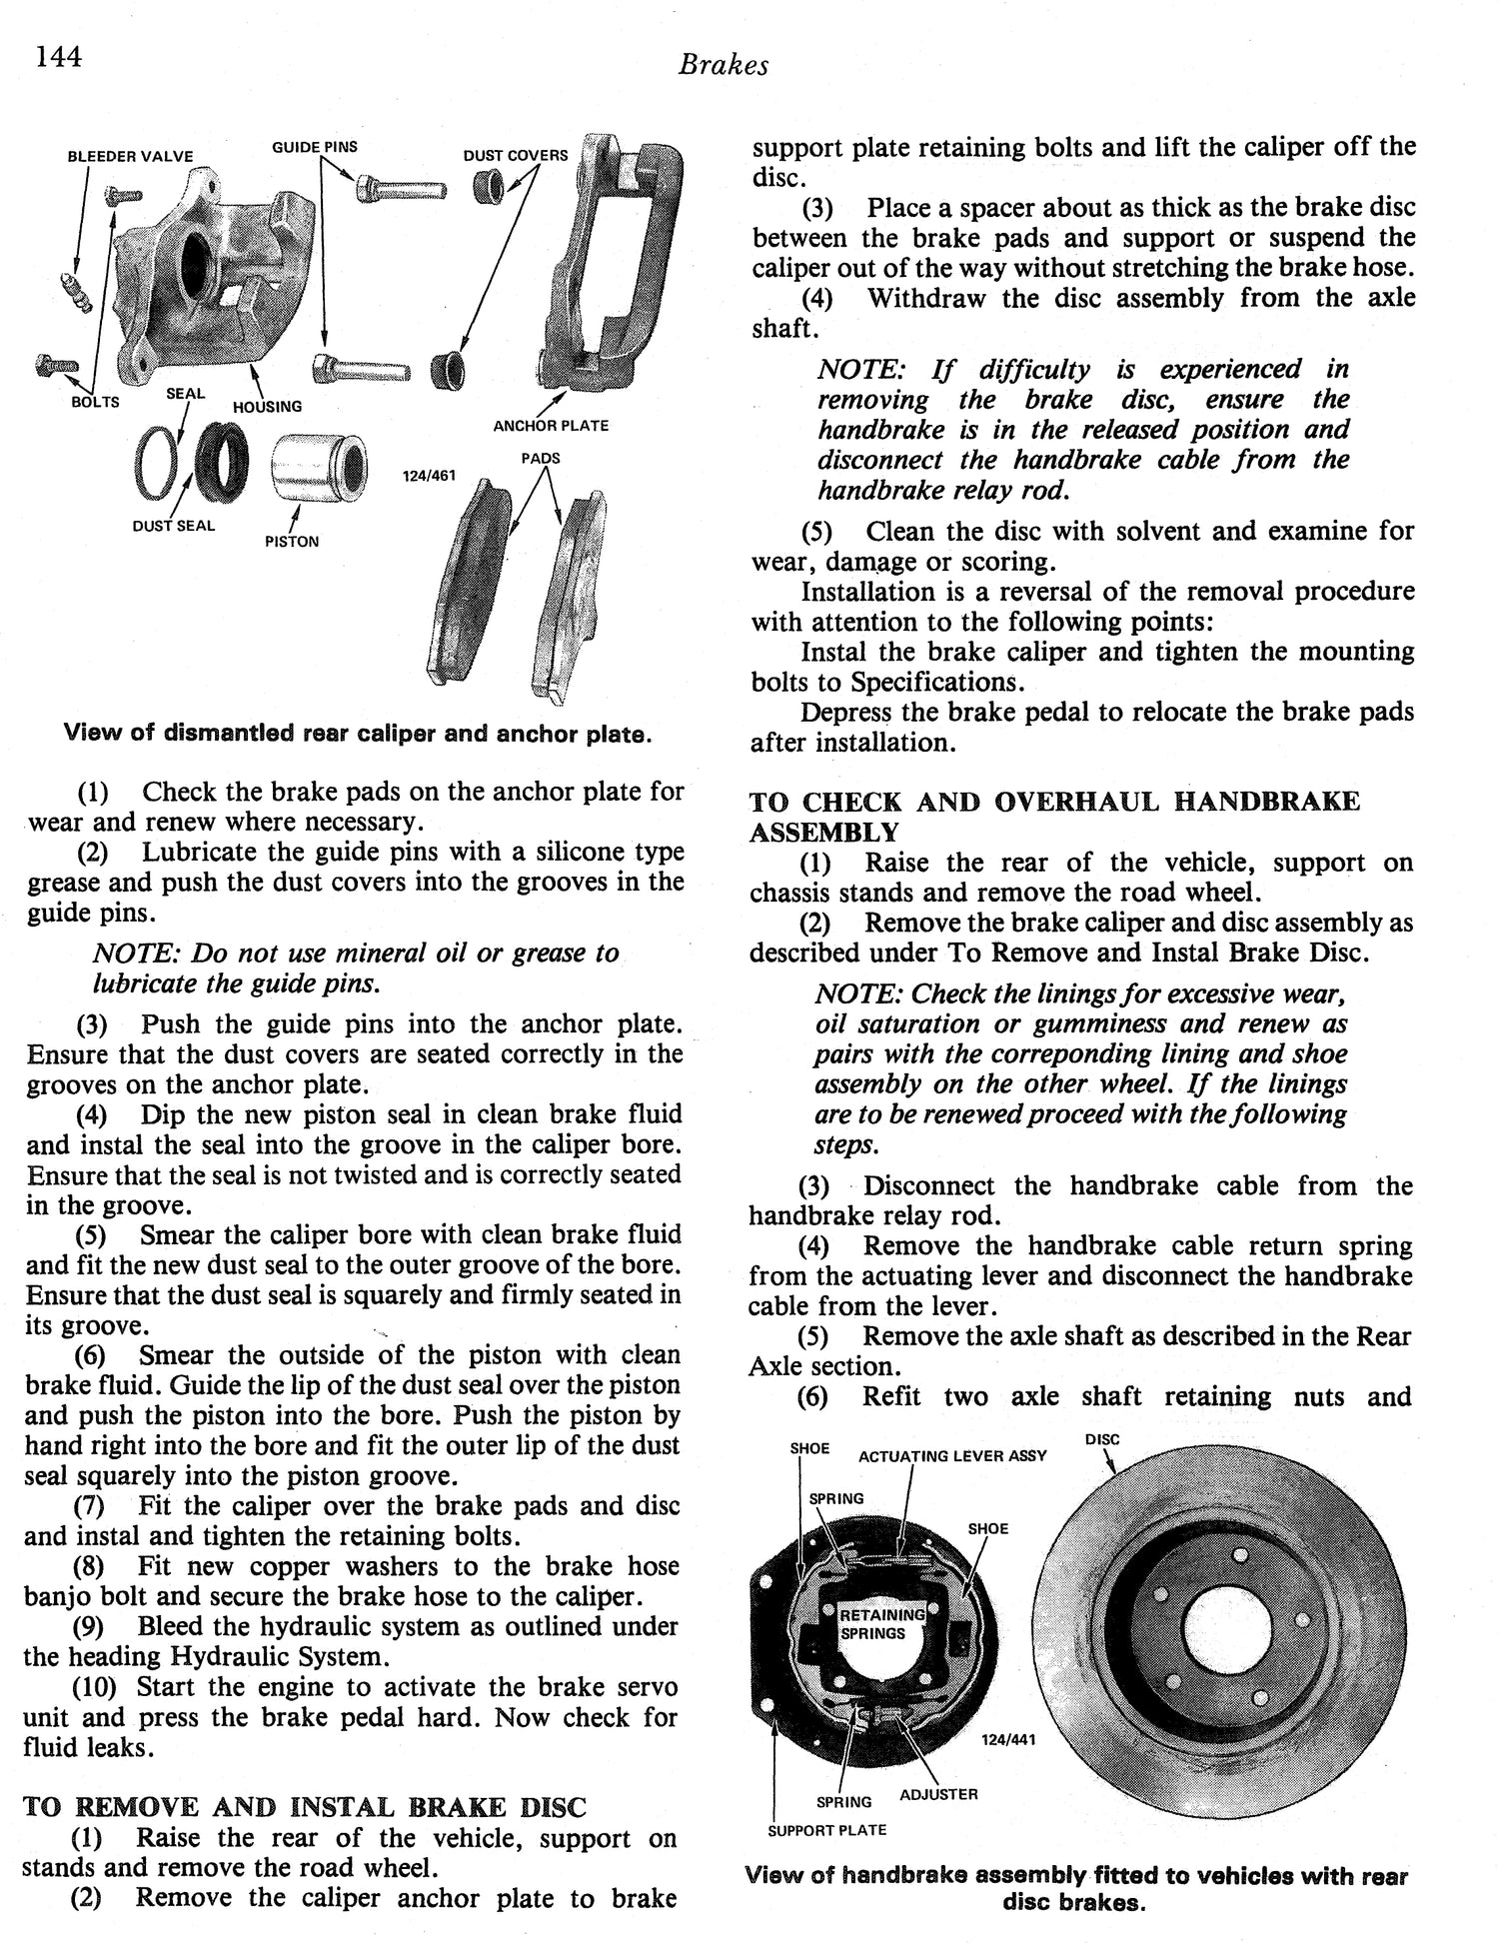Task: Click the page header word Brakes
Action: (x=723, y=65)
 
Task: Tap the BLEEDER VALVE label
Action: (x=130, y=156)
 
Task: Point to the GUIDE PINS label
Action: (x=315, y=147)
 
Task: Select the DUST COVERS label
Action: (x=515, y=155)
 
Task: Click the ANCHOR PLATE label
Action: (x=551, y=426)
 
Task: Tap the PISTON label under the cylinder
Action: (x=292, y=542)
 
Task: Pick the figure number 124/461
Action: (x=427, y=476)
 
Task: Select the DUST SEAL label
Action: (x=174, y=526)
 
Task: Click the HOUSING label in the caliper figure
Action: (x=267, y=407)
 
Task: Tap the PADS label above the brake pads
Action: (x=541, y=458)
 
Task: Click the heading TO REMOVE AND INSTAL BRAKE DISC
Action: (x=304, y=1806)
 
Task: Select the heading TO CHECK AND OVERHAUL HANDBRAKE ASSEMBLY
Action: (x=1054, y=817)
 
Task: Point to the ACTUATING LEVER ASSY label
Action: (x=952, y=1456)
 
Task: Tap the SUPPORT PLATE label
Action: (x=826, y=1830)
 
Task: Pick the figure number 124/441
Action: (x=1008, y=1740)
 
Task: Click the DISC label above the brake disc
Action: (x=1101, y=1440)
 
